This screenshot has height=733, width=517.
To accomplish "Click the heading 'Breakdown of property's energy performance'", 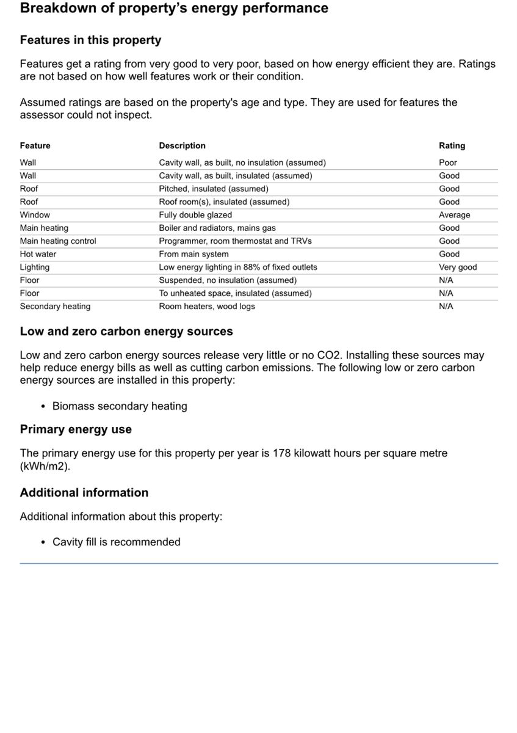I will pyautogui.click(x=174, y=9).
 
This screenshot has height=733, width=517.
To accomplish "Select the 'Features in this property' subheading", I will pyautogui.click(x=90, y=40).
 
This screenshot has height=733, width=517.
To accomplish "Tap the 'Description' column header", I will pyautogui.click(x=182, y=146).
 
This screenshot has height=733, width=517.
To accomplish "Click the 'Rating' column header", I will pyautogui.click(x=452, y=146).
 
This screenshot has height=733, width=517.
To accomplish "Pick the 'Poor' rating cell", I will pyautogui.click(x=447, y=162).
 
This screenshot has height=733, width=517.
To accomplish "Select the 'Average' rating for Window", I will pyautogui.click(x=454, y=215).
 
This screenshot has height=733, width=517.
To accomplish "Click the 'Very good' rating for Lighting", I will pyautogui.click(x=458, y=267).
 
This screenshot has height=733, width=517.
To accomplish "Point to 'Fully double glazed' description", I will pyautogui.click(x=195, y=215).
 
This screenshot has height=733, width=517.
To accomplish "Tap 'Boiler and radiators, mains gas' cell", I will pyautogui.click(x=217, y=228).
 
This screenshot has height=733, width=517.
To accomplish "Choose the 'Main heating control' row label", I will pyautogui.click(x=58, y=241).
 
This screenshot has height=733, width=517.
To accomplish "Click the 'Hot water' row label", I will pyautogui.click(x=38, y=254).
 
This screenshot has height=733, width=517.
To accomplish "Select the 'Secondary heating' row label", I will pyautogui.click(x=55, y=307).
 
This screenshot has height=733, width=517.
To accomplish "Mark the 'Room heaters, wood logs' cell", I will pyautogui.click(x=207, y=307).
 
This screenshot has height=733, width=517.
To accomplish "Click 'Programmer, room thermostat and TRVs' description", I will pyautogui.click(x=235, y=241).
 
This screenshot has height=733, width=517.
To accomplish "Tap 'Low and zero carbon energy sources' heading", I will pyautogui.click(x=126, y=332).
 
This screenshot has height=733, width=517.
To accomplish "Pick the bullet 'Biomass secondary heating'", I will pyautogui.click(x=120, y=406).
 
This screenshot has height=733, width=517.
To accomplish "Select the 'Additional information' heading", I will pyautogui.click(x=84, y=493).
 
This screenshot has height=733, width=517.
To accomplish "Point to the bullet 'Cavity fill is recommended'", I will pyautogui.click(x=116, y=542).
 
